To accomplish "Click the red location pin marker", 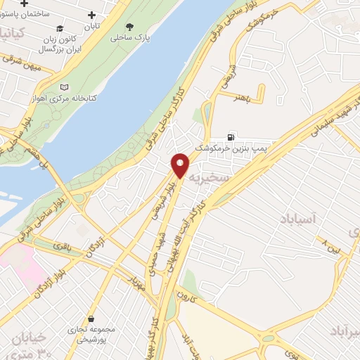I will pos(181,165).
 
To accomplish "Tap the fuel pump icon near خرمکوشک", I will pos(231,136).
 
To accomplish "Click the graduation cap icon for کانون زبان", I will pos(60,30).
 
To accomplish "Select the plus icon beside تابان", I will pos(92,15).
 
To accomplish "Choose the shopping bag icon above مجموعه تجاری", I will pos(91,318).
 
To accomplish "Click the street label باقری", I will pos(63,247).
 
